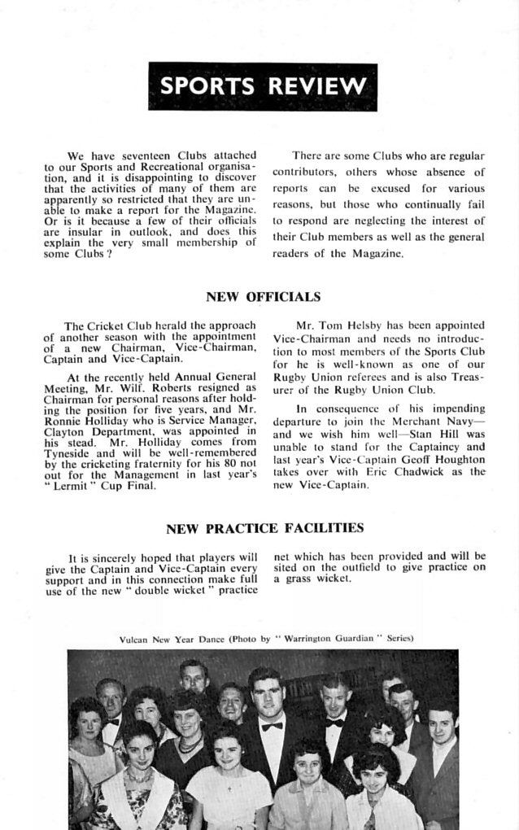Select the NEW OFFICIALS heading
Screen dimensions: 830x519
tap(263, 297)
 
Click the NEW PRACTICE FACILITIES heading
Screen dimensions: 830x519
tap(264, 529)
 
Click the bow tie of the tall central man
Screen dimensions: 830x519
tap(273, 726)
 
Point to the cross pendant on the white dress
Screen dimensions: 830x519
tap(229, 788)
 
